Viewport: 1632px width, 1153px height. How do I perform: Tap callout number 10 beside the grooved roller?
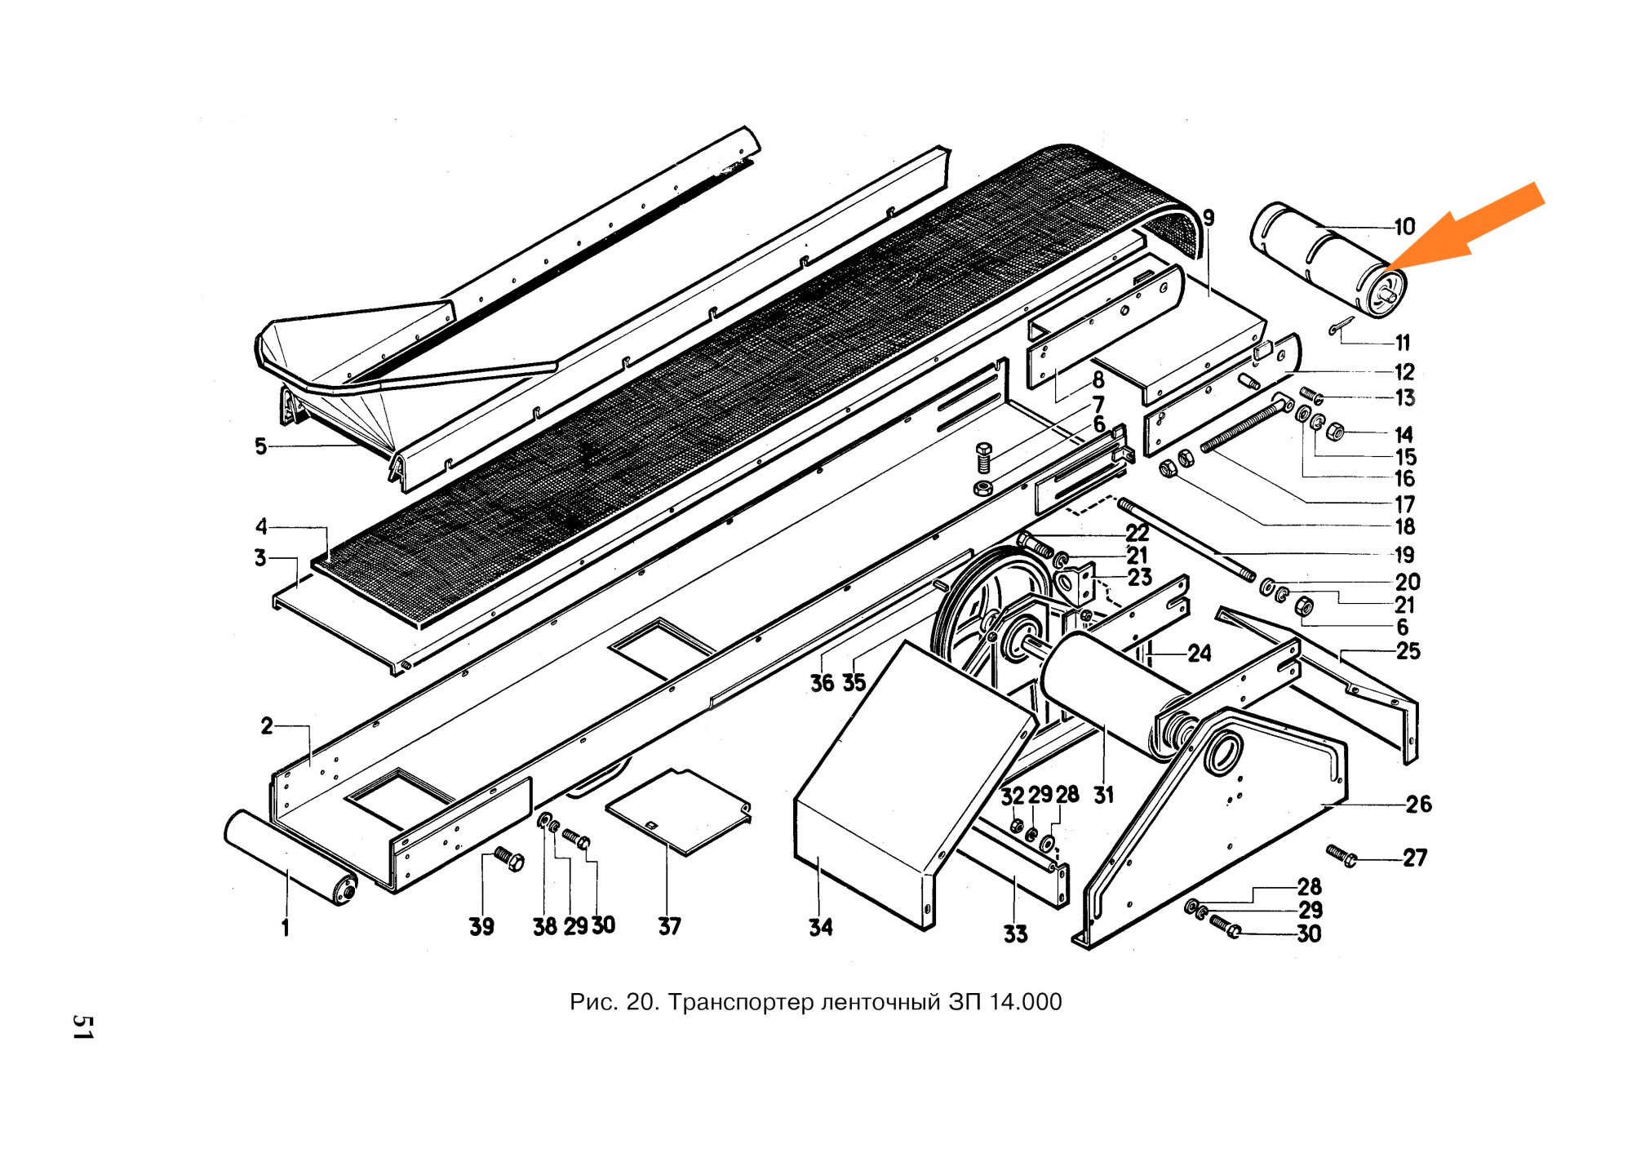tap(1404, 227)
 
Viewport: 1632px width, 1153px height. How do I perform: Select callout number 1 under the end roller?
tap(285, 928)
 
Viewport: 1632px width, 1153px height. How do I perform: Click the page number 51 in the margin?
tap(82, 1027)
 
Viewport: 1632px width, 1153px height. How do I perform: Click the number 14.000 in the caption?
tap(1025, 1001)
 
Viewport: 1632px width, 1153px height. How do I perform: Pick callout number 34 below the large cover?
tap(820, 927)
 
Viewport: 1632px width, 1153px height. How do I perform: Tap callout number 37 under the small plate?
tap(669, 926)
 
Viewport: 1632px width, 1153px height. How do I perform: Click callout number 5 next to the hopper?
tap(260, 446)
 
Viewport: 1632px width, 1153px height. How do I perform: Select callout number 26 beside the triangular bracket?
tap(1418, 805)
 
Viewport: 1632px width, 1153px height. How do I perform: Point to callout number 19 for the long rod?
tap(1404, 555)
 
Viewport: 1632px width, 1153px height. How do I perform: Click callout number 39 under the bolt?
tap(481, 927)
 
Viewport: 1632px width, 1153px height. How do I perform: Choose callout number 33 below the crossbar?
tap(1015, 934)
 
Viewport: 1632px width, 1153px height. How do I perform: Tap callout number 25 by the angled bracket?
tap(1408, 651)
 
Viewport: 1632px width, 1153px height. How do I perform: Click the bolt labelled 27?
tap(1341, 855)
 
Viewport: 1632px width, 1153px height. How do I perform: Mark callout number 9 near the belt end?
tap(1208, 218)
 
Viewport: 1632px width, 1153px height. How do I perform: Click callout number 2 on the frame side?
tap(267, 725)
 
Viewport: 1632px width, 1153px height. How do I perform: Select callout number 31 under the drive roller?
tap(1103, 795)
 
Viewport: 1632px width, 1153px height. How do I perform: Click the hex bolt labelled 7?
tap(984, 458)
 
